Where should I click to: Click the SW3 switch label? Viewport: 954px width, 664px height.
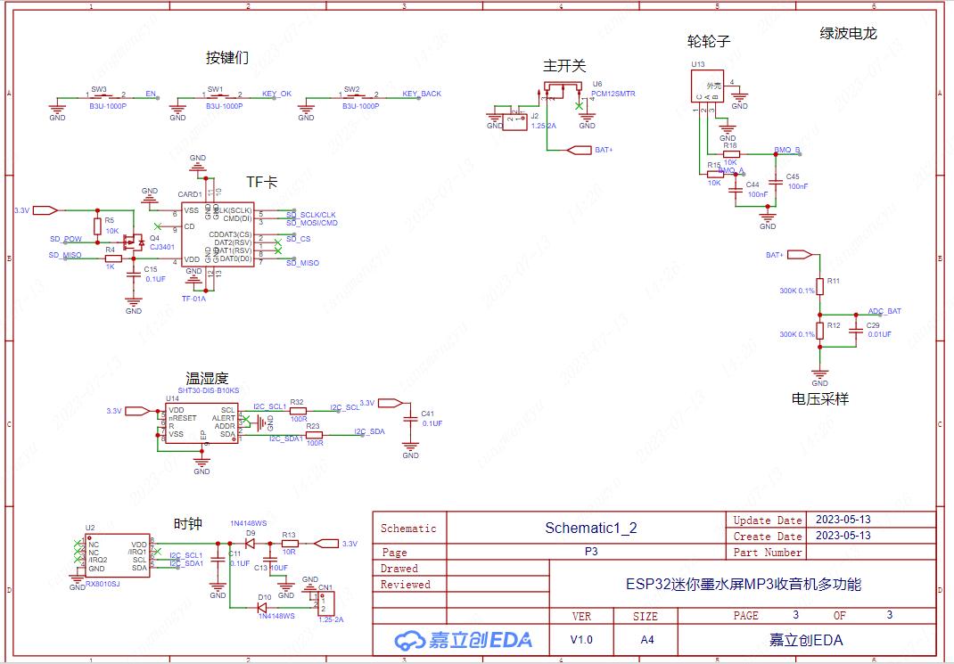tap(99, 89)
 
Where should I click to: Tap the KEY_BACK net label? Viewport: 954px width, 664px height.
tap(422, 94)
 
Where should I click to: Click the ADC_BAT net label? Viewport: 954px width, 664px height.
tap(884, 311)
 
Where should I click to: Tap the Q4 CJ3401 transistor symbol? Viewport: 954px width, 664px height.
tap(136, 241)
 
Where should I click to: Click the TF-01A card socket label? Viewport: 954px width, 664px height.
tap(193, 299)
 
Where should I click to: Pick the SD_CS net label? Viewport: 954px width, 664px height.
tap(299, 239)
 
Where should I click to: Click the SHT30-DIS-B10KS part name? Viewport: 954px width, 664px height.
tap(209, 390)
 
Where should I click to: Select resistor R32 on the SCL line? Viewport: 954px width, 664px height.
tap(298, 411)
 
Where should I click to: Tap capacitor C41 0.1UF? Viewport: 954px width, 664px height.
tap(410, 417)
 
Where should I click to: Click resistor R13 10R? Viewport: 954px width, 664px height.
tap(289, 543)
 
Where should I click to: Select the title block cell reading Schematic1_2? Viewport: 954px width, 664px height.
tap(590, 528)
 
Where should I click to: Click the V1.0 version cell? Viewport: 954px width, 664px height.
tap(580, 640)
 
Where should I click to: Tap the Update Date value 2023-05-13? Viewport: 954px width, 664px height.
tap(843, 520)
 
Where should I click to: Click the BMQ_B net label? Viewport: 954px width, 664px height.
tap(787, 150)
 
